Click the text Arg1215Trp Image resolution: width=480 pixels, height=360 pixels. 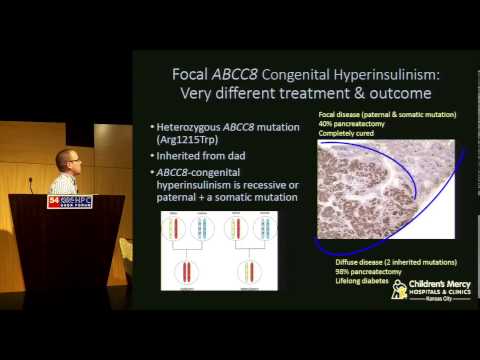[190, 143]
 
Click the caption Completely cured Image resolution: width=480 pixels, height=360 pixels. [348, 133]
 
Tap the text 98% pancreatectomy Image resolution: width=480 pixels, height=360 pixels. [361, 272]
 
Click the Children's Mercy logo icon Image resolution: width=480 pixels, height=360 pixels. [399, 290]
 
